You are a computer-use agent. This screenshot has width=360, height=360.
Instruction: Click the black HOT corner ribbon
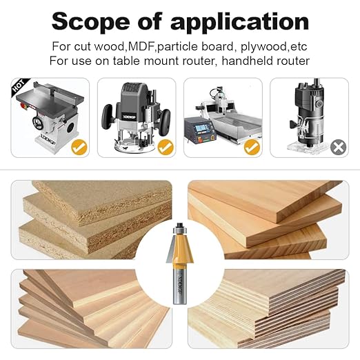(20, 88)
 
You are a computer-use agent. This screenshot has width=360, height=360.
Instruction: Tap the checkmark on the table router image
(79, 146)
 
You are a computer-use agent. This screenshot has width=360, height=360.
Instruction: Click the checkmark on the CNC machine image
(252, 146)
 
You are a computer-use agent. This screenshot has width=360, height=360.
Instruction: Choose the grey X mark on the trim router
(338, 146)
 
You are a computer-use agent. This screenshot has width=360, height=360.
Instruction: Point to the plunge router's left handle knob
(108, 110)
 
